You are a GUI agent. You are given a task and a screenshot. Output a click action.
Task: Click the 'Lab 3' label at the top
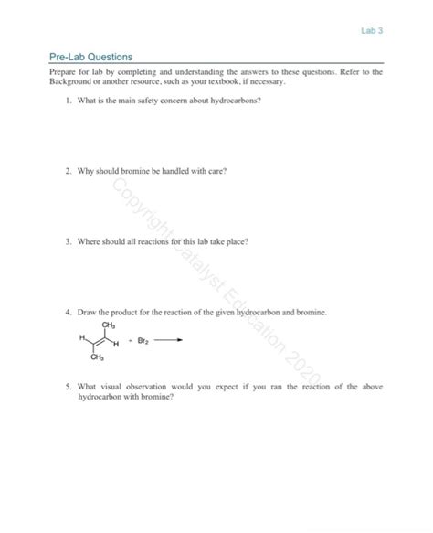374,30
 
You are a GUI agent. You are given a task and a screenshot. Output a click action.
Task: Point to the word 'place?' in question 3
236,242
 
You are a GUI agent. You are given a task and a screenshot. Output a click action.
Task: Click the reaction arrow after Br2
167,342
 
